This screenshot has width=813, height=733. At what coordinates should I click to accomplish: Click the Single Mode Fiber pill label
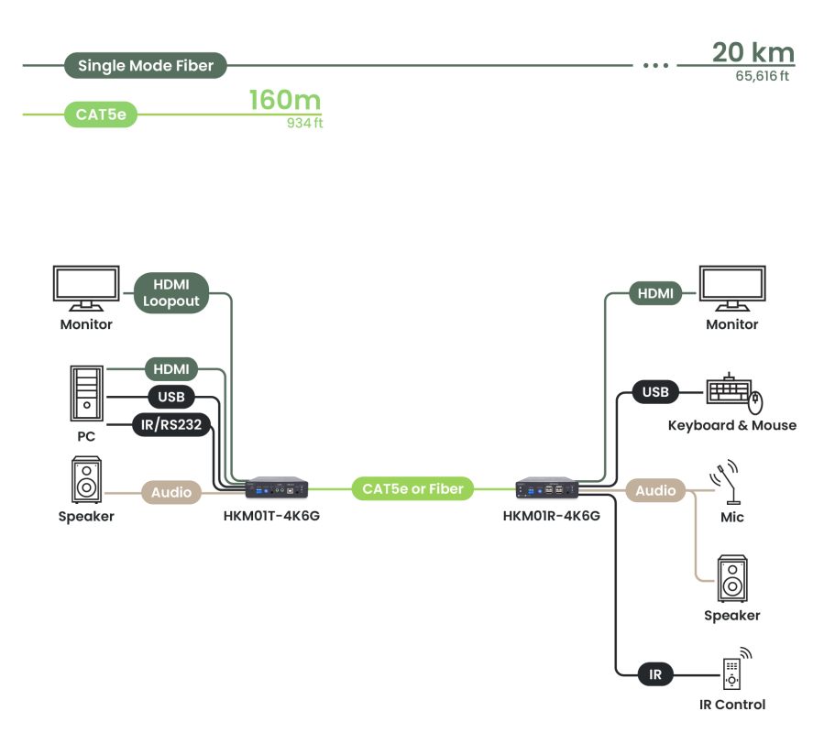coord(146,66)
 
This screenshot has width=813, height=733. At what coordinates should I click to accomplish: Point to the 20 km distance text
coord(753,52)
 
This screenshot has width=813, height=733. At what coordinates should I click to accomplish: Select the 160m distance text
coord(285,100)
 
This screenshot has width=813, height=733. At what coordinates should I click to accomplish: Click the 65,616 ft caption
coord(762,76)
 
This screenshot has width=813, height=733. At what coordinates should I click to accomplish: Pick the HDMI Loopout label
coord(171,293)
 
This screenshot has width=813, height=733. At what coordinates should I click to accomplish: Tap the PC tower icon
coord(86,392)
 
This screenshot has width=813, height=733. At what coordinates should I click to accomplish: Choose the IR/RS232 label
coord(172,424)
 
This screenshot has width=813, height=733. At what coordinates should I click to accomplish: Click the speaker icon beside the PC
coord(86,480)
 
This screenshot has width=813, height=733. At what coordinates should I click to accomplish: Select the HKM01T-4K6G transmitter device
coord(277,488)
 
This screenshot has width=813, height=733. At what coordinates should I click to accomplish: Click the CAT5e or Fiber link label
coord(412,488)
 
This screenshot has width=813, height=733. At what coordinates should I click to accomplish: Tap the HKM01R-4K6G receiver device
coord(546,488)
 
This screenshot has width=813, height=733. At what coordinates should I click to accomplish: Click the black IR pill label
coord(655,675)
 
